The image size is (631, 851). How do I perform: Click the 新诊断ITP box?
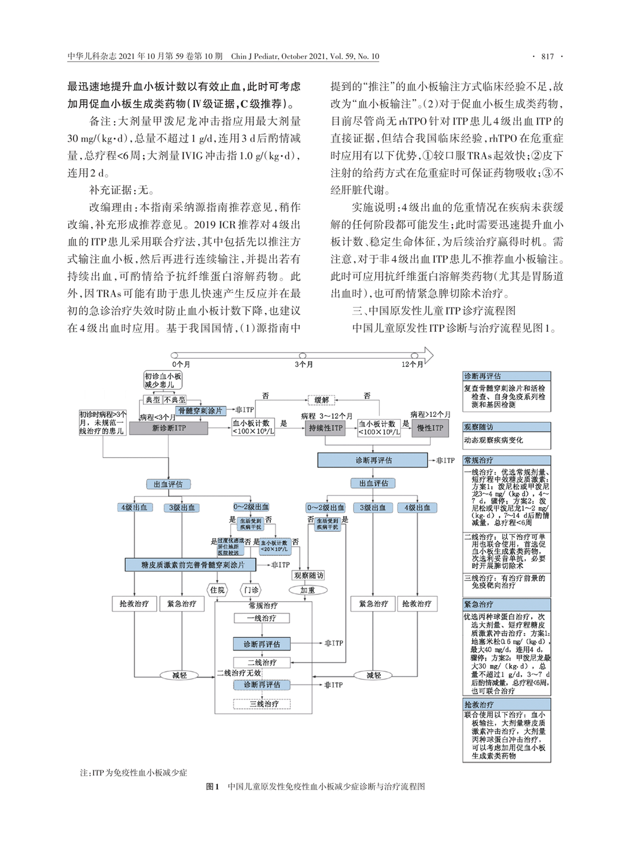pyautogui.click(x=169, y=428)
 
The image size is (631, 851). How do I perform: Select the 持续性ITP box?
pyautogui.click(x=325, y=428)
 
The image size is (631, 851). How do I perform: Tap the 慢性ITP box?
pyautogui.click(x=430, y=428)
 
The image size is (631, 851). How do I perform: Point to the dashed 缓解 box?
pyautogui.click(x=321, y=400)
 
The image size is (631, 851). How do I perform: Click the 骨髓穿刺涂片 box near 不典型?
pyautogui.click(x=200, y=411)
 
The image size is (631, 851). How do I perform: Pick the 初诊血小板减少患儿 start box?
pyautogui.click(x=163, y=380)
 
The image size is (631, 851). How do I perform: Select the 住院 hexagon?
pyautogui.click(x=217, y=590)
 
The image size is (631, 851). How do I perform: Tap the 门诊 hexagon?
pyautogui.click(x=251, y=590)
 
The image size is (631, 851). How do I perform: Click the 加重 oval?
pyautogui.click(x=307, y=590)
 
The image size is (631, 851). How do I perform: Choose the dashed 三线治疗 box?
pyautogui.click(x=262, y=703)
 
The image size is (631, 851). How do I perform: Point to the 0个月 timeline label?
pyautogui.click(x=181, y=364)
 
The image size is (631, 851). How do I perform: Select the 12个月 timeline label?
pyautogui.click(x=412, y=364)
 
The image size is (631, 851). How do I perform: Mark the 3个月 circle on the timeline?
pyautogui.click(x=303, y=356)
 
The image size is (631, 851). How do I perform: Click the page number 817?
pyautogui.click(x=547, y=56)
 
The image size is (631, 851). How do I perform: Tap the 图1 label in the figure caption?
pyautogui.click(x=212, y=787)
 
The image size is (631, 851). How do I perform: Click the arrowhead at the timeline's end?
pyautogui.click(x=427, y=355)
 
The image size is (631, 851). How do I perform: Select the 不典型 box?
pyautogui.click(x=174, y=400)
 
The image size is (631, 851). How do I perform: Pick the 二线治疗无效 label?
pyautogui.click(x=239, y=673)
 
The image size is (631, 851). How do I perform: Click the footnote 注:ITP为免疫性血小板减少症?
pyautogui.click(x=134, y=773)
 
